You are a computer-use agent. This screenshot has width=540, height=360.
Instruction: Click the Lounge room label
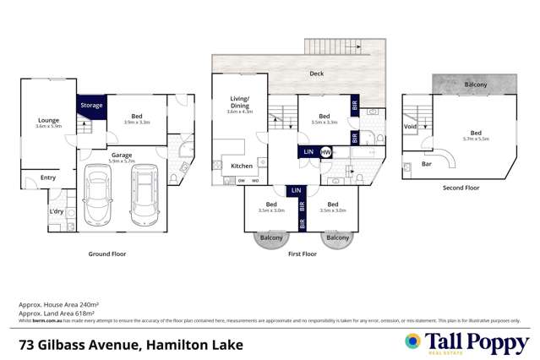(49, 120)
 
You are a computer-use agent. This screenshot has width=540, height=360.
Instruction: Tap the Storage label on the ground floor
(91, 106)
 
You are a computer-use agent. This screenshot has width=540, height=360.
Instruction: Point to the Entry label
(47, 177)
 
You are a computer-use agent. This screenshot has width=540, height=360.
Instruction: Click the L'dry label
(57, 210)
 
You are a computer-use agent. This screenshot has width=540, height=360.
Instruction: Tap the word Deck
(316, 74)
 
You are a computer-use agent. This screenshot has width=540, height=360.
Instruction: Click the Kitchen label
(243, 166)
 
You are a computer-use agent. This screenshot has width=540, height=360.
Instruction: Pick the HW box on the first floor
(325, 152)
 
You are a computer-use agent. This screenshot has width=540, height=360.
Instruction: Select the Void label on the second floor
(411, 128)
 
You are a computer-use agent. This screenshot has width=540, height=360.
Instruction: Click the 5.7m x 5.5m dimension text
(476, 139)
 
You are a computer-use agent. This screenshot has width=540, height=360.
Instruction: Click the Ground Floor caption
(107, 253)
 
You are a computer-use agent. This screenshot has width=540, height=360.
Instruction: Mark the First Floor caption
(302, 253)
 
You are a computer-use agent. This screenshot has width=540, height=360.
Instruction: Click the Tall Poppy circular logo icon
(412, 341)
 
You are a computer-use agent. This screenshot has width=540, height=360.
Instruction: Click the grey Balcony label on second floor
(476, 85)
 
